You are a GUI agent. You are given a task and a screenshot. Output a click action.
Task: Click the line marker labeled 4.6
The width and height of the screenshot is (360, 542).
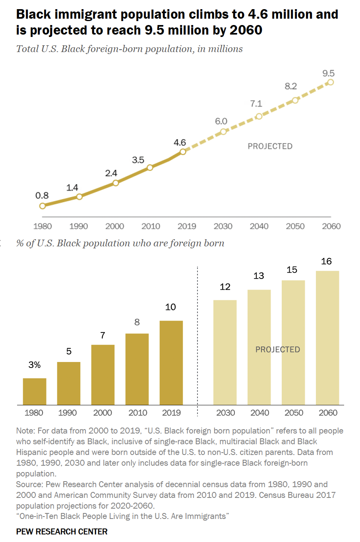(x=183, y=151)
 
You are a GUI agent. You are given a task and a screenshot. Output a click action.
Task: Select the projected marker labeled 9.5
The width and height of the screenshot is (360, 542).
(x=330, y=82)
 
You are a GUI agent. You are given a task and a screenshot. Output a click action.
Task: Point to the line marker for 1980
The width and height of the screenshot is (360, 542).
(x=43, y=206)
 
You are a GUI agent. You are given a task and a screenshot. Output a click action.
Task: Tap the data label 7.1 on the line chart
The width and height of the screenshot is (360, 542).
(x=256, y=104)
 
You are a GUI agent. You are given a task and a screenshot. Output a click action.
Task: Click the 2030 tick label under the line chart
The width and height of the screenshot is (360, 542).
(x=223, y=226)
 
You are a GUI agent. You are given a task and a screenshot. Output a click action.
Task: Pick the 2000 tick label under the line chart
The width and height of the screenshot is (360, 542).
(x=114, y=226)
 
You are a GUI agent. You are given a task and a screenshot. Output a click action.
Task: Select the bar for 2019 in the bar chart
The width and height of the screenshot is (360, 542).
(x=171, y=362)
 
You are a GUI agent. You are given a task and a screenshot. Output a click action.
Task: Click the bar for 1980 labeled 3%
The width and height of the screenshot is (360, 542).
(x=35, y=391)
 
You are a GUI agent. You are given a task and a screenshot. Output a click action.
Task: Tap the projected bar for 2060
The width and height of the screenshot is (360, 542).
(x=327, y=338)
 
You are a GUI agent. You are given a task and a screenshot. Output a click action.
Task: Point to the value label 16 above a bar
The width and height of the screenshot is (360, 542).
(x=326, y=261)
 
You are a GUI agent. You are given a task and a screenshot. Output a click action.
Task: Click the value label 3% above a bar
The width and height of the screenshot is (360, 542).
(x=35, y=365)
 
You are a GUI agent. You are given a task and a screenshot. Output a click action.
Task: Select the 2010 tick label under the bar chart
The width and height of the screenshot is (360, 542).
(x=138, y=413)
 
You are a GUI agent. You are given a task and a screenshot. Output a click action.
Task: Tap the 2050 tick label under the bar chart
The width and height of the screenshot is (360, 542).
(x=294, y=413)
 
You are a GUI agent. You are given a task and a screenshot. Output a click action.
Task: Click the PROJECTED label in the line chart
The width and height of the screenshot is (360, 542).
(x=270, y=146)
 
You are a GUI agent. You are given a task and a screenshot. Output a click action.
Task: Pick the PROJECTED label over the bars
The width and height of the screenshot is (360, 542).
(x=277, y=350)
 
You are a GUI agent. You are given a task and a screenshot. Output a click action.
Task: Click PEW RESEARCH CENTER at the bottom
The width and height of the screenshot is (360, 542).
(x=62, y=532)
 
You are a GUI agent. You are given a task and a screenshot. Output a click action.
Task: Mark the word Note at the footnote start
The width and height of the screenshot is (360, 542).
(x=25, y=431)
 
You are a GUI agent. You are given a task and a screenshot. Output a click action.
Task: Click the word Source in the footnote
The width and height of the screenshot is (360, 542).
(x=29, y=484)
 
